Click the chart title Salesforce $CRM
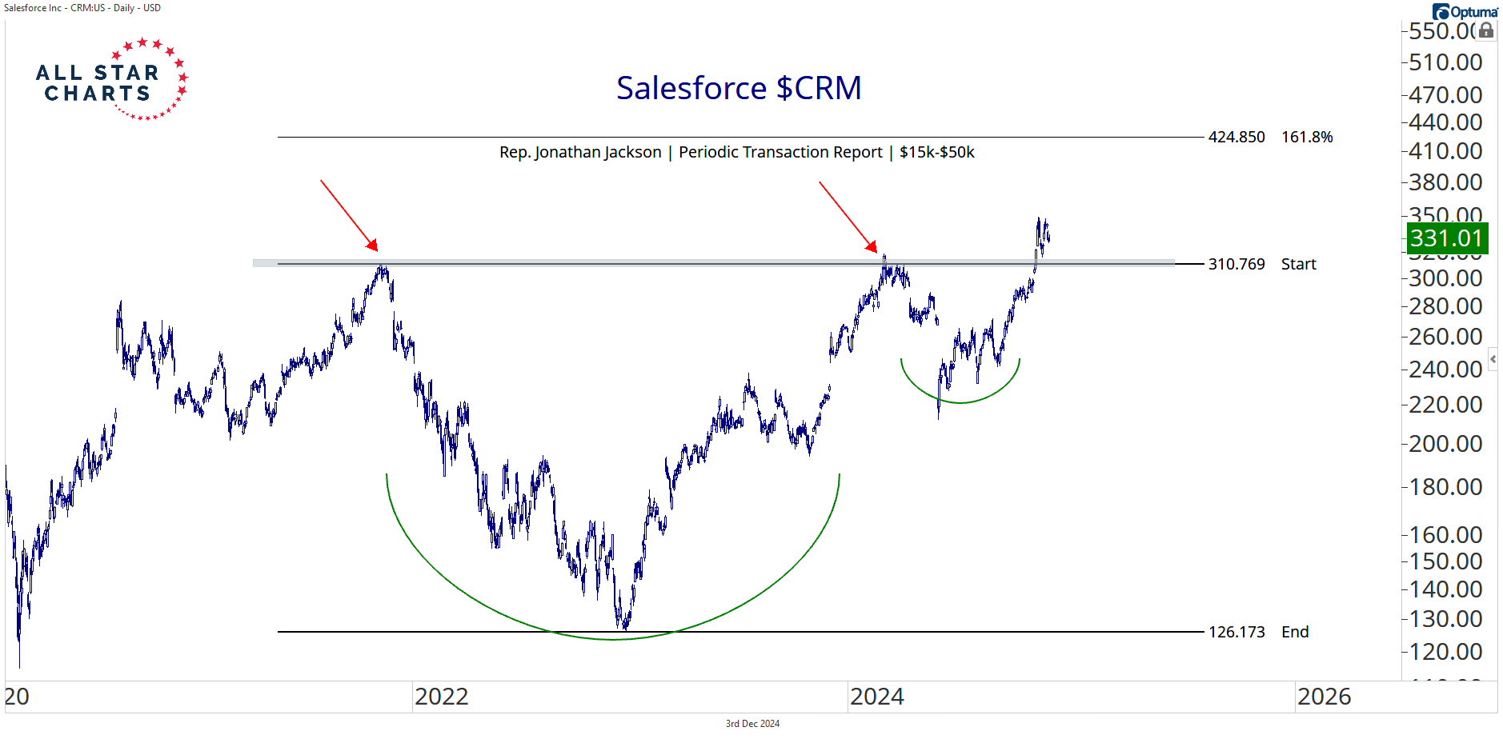739,88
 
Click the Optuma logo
1465,11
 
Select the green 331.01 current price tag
1446,238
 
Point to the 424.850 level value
1236,137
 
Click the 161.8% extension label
1307,137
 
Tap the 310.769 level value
1236,264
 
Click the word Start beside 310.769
1298,264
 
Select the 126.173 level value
1236,632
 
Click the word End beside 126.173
1295,632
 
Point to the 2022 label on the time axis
441,697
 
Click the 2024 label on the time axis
876,697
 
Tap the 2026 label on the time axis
1324,697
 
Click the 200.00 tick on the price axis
1445,443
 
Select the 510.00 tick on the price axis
1445,62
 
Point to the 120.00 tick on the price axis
1445,651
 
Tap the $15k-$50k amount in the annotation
936,152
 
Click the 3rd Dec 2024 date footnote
752,724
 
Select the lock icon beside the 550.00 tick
1486,30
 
